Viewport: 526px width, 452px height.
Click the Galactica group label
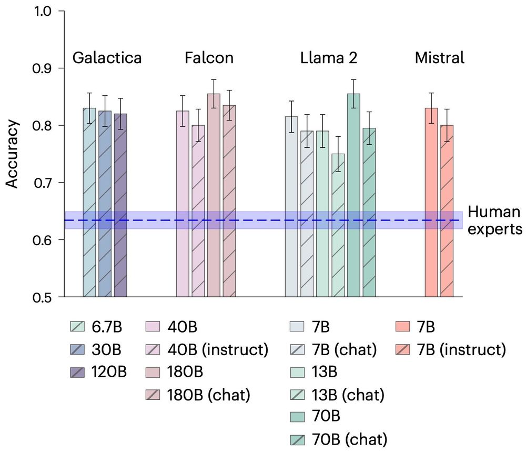107,58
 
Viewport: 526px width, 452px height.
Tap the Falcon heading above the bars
209,58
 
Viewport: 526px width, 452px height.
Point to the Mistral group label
439,58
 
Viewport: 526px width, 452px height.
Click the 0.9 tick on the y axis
44,68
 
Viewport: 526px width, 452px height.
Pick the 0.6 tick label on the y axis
44,240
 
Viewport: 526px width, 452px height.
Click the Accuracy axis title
13,154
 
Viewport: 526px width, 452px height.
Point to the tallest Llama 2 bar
353,195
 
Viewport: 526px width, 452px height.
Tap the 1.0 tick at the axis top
44,11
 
